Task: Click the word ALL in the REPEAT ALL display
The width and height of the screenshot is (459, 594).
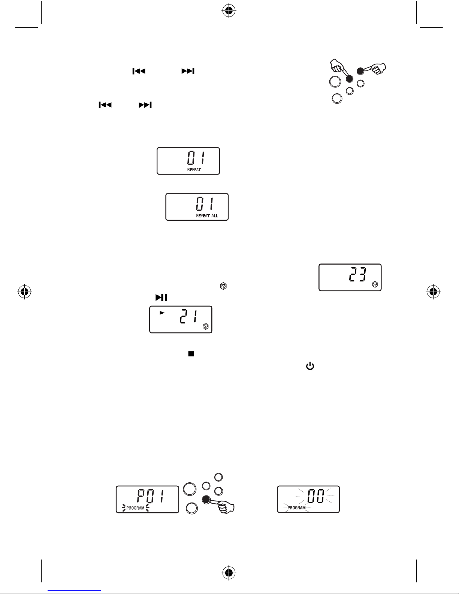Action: point(215,216)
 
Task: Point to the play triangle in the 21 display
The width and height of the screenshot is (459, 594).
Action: point(162,312)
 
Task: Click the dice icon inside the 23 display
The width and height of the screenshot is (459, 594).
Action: point(375,285)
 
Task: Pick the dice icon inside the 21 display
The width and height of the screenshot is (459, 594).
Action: point(206,326)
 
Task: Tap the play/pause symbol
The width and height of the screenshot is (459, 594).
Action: point(161,298)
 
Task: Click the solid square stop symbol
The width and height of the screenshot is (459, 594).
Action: point(191,354)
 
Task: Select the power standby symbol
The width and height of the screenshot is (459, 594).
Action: point(310,366)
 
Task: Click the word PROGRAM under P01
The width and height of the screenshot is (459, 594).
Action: point(135,508)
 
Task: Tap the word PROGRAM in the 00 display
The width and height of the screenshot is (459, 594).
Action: point(296,508)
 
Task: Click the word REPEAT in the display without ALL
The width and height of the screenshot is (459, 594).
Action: point(194,170)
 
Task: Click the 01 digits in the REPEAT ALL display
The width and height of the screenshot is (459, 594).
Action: point(205,205)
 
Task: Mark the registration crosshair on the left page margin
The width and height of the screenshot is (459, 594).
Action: point(24,292)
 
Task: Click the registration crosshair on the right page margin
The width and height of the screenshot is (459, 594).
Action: point(433,292)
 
